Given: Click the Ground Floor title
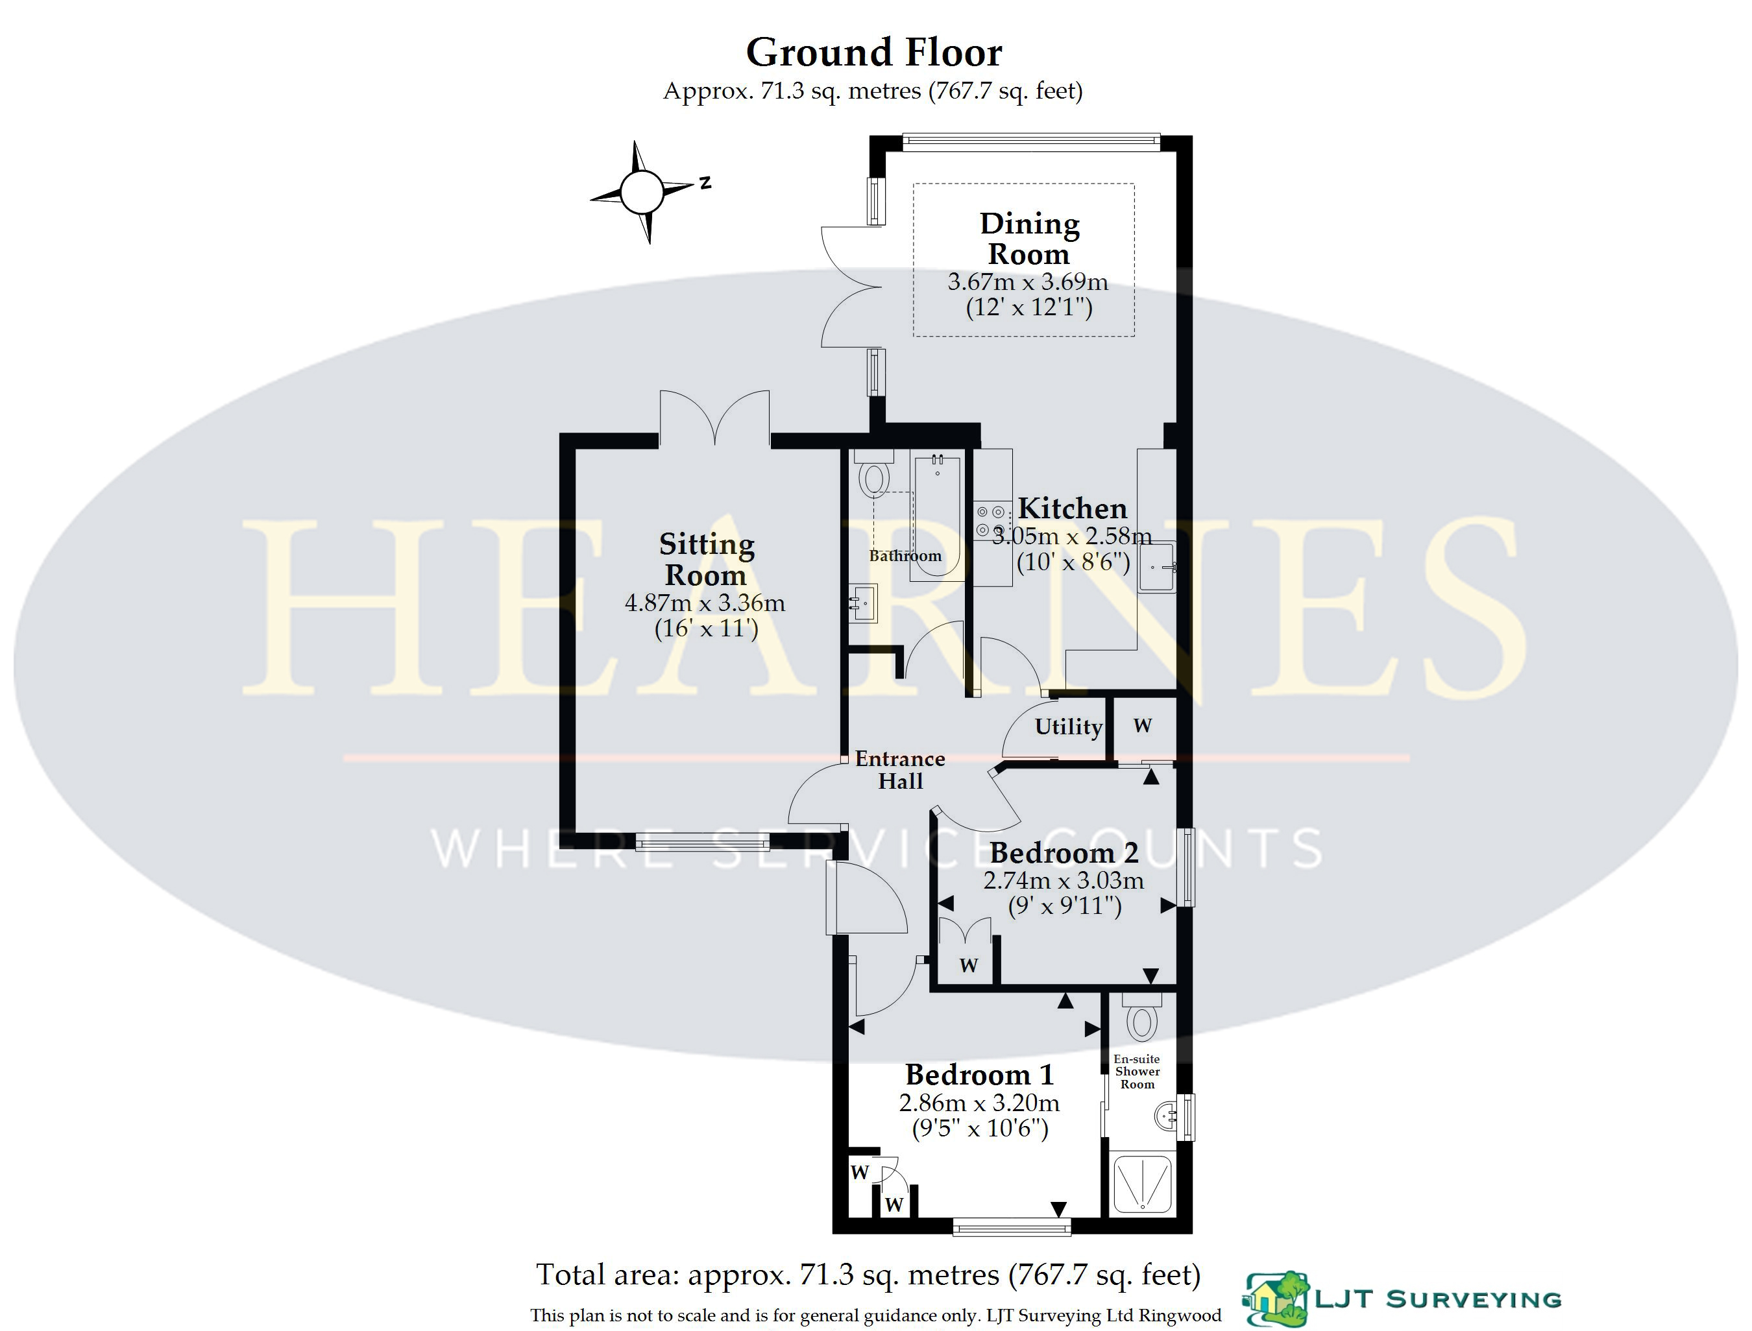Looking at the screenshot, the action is [874, 53].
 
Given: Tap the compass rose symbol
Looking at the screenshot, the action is [641, 192].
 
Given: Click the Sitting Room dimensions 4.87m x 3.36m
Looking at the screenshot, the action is [705, 603].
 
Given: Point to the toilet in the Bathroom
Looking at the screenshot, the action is [874, 474].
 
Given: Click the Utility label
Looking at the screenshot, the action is [1068, 726].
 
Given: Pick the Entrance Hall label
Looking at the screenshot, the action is [900, 770].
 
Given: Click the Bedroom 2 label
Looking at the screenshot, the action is [1064, 852].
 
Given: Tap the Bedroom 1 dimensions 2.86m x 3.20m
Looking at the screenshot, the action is [979, 1103].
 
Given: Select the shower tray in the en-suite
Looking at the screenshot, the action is [1143, 1184].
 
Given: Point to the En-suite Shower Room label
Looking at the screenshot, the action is [1137, 1071].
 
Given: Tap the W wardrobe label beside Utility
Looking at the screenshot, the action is [1142, 726].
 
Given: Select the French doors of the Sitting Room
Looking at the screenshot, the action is [714, 418].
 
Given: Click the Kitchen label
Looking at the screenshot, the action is [1072, 508].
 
